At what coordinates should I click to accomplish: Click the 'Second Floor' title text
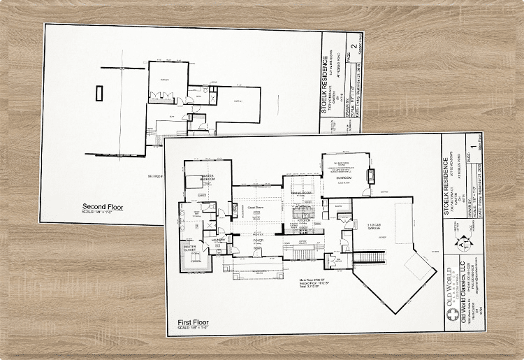tap(103, 207)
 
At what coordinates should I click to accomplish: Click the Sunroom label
tap(344, 178)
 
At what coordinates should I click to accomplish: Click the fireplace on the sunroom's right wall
tap(370, 175)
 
